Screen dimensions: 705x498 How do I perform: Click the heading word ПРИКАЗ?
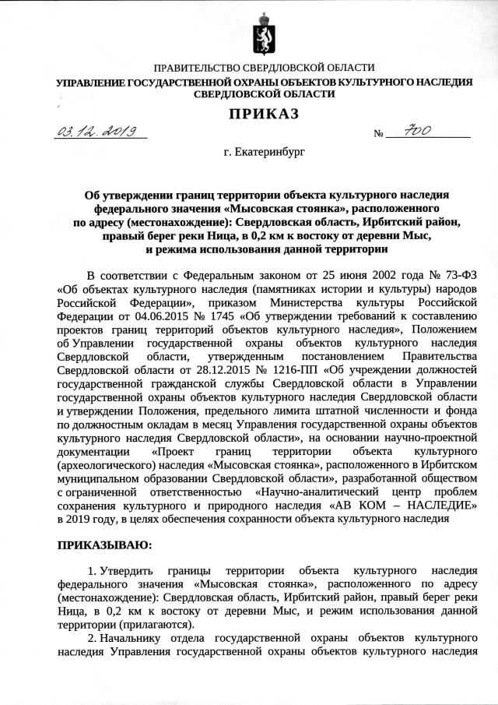point(263,115)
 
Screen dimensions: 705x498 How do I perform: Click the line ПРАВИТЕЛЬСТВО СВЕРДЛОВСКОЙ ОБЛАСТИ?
point(265,69)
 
